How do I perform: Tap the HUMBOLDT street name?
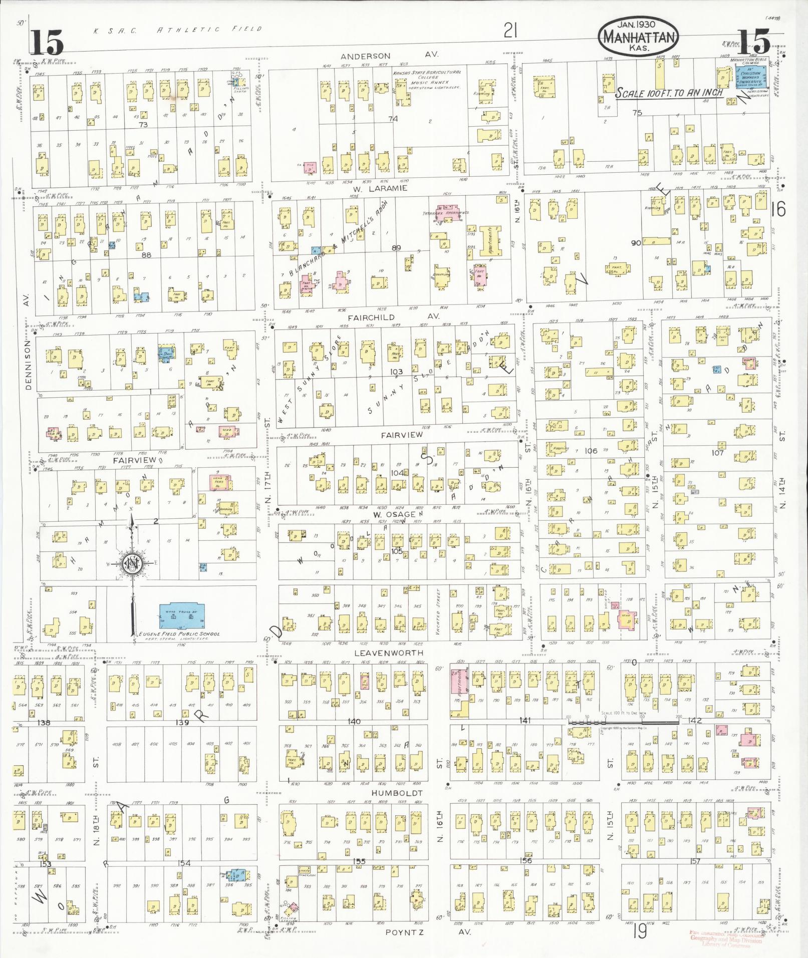[x=397, y=793]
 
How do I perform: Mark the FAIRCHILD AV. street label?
[x=393, y=317]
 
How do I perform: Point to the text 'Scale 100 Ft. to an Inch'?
[x=669, y=93]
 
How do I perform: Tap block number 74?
[x=393, y=119]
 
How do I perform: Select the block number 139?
[x=181, y=723]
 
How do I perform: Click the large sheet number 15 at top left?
[x=47, y=42]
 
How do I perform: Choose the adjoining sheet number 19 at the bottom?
[x=639, y=931]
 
